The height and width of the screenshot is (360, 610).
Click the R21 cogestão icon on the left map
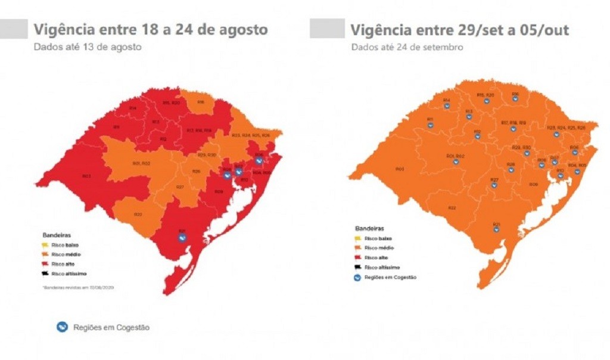click(x=183, y=237)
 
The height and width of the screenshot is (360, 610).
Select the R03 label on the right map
click(x=399, y=169)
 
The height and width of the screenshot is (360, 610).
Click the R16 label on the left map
click(x=201, y=102)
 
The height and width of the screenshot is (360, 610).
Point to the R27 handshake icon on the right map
click(x=494, y=185)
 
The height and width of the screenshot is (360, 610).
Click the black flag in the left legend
click(x=45, y=273)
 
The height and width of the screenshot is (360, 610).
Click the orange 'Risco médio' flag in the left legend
click(x=45, y=255)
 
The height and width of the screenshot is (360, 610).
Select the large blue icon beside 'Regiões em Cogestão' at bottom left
click(x=62, y=327)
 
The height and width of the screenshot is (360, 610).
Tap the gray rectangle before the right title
click(x=326, y=28)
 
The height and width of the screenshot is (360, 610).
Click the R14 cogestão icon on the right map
click(x=446, y=106)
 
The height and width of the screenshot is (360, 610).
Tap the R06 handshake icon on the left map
click(x=259, y=160)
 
